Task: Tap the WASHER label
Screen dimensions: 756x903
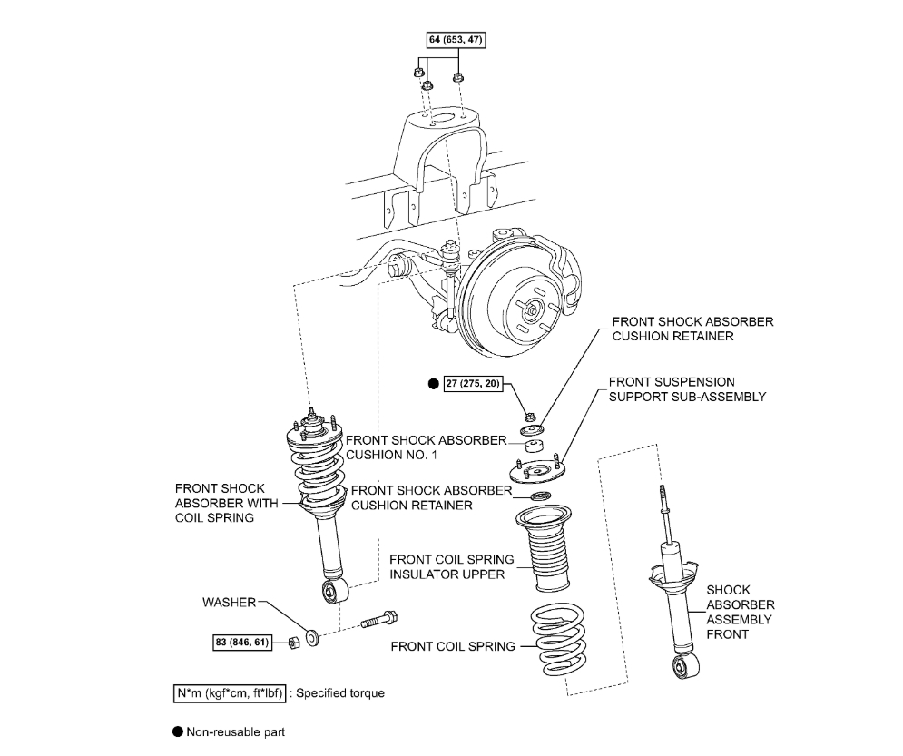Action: [x=230, y=602]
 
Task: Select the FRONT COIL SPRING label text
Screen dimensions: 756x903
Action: [x=453, y=647]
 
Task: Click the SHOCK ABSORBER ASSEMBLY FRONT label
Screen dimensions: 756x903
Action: [x=740, y=612]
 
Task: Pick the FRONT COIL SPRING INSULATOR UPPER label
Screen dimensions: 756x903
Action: [x=451, y=566]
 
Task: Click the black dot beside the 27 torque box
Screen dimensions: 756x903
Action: [x=433, y=385]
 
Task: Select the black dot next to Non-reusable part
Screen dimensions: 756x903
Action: [x=177, y=731]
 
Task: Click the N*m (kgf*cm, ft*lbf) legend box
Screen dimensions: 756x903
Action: [x=231, y=693]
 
